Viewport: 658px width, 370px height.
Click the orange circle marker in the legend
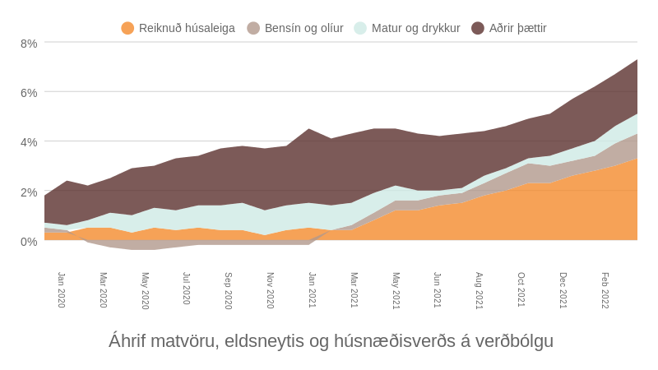(127, 28)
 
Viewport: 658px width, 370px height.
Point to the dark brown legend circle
(478, 28)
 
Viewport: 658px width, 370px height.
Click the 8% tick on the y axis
(29, 44)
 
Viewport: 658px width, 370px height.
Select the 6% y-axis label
(29, 93)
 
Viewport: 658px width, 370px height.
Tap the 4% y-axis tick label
(29, 142)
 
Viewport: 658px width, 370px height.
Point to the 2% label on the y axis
(29, 192)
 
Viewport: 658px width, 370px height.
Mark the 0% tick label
(29, 242)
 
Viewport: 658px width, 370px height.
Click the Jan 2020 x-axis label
(62, 289)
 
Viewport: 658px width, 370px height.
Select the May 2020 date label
(146, 289)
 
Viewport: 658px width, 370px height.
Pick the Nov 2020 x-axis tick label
(271, 289)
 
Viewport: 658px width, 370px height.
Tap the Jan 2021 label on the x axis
(313, 289)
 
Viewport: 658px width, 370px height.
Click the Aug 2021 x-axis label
(480, 289)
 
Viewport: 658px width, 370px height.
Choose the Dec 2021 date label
(563, 289)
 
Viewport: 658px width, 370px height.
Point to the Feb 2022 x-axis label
(605, 289)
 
